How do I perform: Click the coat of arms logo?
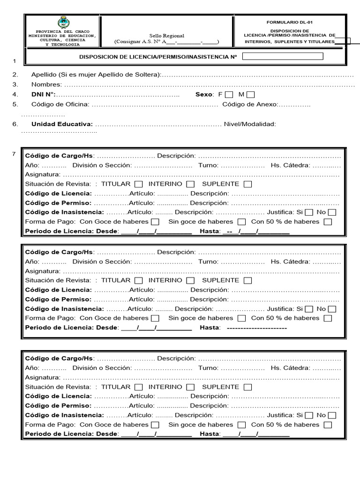pos(62,22)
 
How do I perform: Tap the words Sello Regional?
pos(167,36)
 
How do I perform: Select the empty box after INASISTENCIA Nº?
pos(283,57)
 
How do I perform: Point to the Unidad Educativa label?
pos(62,124)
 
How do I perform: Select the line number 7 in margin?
pos(14,154)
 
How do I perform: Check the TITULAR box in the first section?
pos(139,184)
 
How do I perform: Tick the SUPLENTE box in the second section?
pos(247,281)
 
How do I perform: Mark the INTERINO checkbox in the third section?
pos(190,387)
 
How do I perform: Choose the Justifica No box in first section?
pos(332,212)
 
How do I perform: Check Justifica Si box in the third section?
pos(309,415)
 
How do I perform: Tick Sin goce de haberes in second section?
pos(241,318)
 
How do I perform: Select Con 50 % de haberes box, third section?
pos(328,425)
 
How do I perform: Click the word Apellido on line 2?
pos(44,75)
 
